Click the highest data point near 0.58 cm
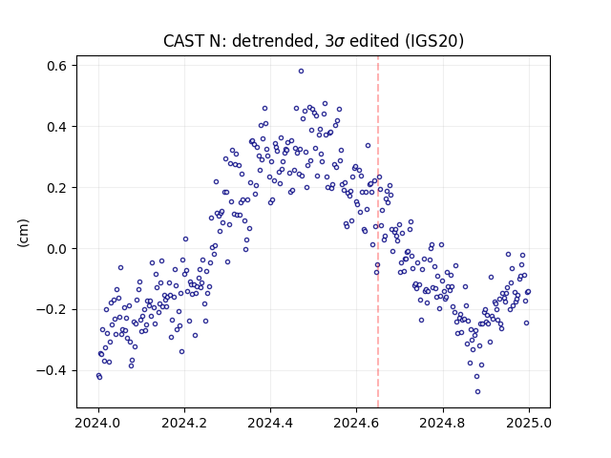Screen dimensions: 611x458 (301, 72)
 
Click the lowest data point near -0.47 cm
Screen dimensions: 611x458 (477, 391)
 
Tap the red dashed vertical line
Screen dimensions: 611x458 (378, 232)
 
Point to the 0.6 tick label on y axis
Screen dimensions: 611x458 (56, 66)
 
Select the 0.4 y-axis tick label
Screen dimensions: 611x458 (56, 127)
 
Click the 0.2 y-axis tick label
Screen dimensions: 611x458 (56, 188)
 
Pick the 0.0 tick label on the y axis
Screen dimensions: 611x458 (56, 249)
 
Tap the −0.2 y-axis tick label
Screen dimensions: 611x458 (52, 309)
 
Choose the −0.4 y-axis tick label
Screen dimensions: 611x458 (52, 371)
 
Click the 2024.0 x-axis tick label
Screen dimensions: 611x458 (98, 423)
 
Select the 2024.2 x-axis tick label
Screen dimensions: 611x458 (184, 423)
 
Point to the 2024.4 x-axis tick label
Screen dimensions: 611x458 (270, 423)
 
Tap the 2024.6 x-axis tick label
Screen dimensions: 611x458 (356, 423)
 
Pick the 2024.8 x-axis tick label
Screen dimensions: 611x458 (442, 423)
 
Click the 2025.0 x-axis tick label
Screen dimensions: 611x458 (529, 423)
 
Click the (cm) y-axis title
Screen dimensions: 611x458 (23, 233)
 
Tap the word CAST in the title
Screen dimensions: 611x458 (183, 41)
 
